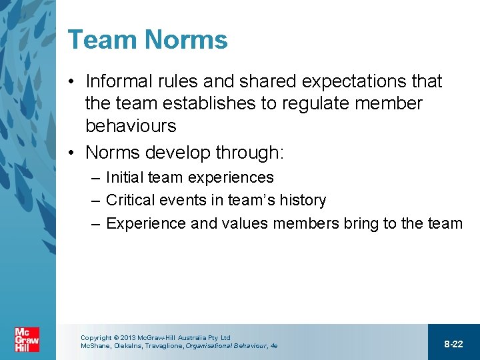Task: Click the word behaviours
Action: [x=131, y=125]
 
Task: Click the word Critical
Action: [x=129, y=200]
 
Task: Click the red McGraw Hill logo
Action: [x=27, y=340]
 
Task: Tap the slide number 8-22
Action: [x=453, y=344]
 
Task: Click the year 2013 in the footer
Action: [x=128, y=338]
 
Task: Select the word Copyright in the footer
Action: [x=96, y=338]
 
